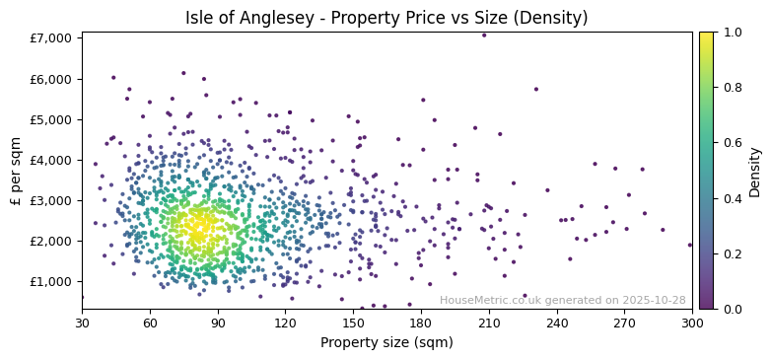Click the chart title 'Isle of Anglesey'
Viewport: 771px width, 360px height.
(x=386, y=18)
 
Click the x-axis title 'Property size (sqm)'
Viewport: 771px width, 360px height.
(x=386, y=343)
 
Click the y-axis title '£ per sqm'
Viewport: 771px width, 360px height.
(x=17, y=171)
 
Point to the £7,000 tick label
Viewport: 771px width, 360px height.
(x=52, y=37)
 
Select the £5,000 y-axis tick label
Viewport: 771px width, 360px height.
(x=52, y=119)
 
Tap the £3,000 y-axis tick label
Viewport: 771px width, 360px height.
(x=52, y=200)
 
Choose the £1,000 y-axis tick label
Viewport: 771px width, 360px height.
(x=52, y=281)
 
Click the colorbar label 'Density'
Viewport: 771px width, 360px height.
(x=755, y=171)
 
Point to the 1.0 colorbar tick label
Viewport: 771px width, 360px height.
(x=731, y=33)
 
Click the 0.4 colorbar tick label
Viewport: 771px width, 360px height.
(x=731, y=198)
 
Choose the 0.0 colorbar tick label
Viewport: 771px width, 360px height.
(x=731, y=309)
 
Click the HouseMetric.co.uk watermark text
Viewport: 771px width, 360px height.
(x=562, y=300)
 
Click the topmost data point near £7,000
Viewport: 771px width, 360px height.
(x=484, y=36)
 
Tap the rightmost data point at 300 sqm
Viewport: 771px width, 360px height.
(x=690, y=245)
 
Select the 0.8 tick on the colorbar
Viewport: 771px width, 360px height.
(x=731, y=88)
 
